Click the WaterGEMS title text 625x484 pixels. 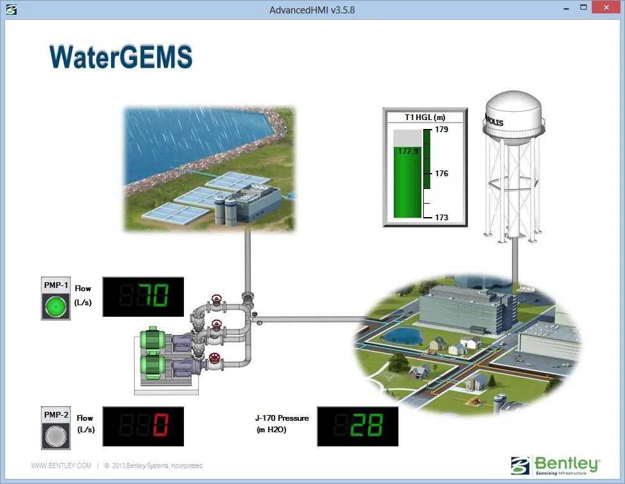coord(121,57)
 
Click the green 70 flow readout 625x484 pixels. coord(154,296)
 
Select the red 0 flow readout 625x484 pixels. coord(160,426)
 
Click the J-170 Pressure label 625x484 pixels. coord(282,418)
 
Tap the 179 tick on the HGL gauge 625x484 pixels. coord(441,130)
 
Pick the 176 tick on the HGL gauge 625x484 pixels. coord(441,174)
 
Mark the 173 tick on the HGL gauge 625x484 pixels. coord(441,217)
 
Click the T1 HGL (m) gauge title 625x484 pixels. coord(425,117)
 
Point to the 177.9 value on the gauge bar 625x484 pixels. coord(407,151)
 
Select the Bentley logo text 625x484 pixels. coord(567,463)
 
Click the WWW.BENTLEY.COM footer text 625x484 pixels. coord(61,465)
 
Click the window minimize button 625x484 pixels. coord(565,8)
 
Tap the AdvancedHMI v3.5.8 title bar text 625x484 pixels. coord(312,10)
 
